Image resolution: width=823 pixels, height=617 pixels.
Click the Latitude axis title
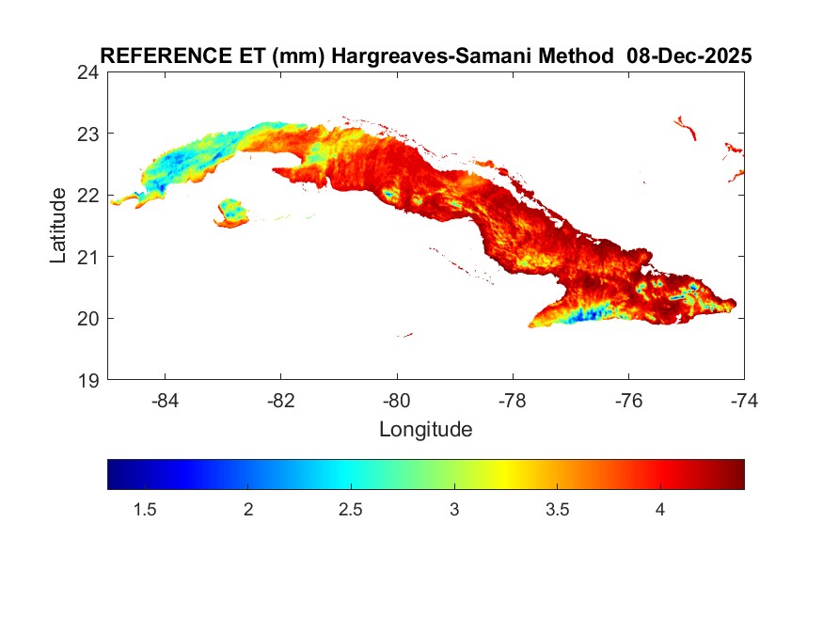tap(58, 226)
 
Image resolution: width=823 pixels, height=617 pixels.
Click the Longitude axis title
tap(425, 431)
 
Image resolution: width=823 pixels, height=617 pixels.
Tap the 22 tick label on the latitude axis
tap(88, 196)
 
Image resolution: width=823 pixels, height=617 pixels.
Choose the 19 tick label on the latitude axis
tap(88, 380)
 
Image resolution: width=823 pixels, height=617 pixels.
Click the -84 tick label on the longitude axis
tap(166, 400)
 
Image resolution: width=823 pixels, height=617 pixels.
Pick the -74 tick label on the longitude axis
tap(744, 400)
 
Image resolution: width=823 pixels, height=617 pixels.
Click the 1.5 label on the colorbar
tap(144, 510)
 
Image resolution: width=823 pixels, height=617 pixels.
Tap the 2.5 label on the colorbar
tap(350, 510)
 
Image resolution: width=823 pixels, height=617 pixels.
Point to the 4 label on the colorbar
tap(660, 510)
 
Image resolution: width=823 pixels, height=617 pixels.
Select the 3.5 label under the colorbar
tap(557, 510)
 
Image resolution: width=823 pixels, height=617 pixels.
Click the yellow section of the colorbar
tap(506, 474)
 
